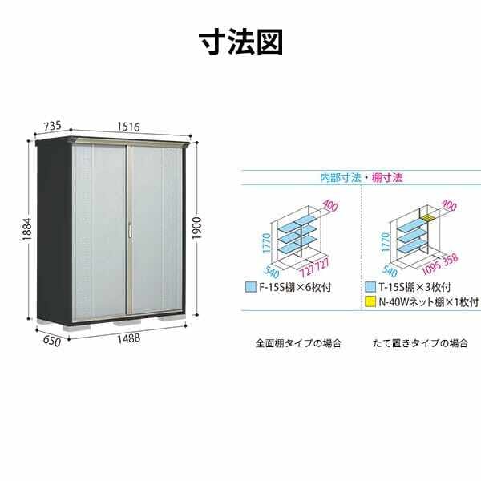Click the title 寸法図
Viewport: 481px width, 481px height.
point(240,42)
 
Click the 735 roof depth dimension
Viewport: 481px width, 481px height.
point(52,126)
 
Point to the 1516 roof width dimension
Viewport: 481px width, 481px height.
point(128,127)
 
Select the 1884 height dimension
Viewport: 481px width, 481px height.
point(26,229)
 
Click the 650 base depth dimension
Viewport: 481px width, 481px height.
point(52,342)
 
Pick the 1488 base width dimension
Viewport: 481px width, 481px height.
point(129,338)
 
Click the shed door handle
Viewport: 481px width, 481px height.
point(130,230)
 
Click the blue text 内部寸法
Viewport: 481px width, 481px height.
point(341,178)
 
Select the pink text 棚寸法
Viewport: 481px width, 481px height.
point(387,178)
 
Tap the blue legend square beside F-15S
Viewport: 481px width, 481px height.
point(251,288)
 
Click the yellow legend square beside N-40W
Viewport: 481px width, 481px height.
point(370,302)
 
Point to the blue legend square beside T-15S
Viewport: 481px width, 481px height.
point(370,287)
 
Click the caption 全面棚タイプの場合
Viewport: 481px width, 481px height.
point(298,343)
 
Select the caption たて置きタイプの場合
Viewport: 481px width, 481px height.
point(421,343)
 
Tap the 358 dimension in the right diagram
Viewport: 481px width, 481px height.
point(451,260)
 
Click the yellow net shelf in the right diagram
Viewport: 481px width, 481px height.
point(429,218)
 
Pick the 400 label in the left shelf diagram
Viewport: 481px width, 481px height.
point(329,205)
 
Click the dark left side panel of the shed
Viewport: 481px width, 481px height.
point(55,233)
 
